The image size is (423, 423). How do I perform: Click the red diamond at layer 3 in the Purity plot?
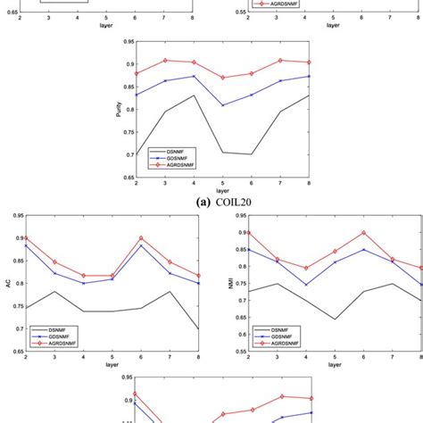(x=165, y=60)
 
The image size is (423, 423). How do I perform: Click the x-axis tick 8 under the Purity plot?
(x=310, y=183)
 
